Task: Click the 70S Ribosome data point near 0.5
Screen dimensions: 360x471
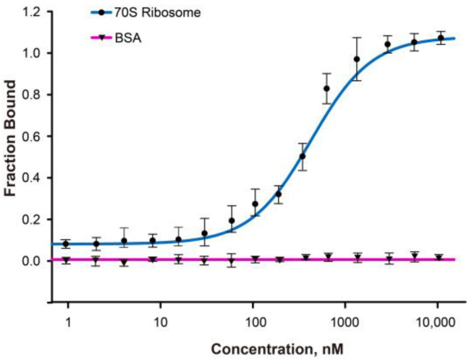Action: click(302, 156)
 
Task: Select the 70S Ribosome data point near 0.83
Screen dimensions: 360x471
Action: click(326, 88)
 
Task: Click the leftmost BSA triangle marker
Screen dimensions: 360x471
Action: click(66, 260)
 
